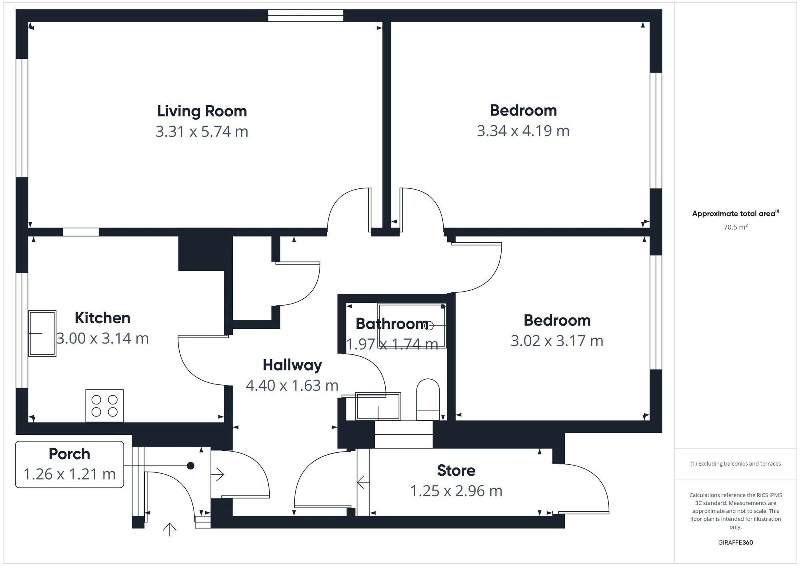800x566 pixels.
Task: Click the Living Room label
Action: click(202, 111)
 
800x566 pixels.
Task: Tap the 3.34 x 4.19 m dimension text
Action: click(523, 131)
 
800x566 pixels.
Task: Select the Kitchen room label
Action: click(102, 318)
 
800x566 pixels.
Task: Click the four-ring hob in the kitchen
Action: click(104, 406)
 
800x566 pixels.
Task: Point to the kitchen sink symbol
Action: click(42, 333)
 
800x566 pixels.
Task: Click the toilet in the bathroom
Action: click(428, 400)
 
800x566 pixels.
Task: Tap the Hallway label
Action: click(292, 365)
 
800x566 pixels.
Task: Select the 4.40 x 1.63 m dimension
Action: click(292, 386)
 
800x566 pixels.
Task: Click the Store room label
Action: click(456, 471)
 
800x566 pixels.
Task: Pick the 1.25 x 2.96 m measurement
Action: click(456, 491)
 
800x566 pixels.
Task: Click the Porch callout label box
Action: click(70, 464)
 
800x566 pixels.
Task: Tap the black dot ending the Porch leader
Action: click(191, 466)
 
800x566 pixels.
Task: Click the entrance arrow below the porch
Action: click(170, 529)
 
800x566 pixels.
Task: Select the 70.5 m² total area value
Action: click(735, 227)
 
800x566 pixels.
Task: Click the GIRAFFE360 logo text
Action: click(735, 543)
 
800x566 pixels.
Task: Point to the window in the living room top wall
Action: click(306, 16)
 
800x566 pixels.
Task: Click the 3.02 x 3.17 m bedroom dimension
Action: click(557, 341)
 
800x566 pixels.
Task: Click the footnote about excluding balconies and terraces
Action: click(735, 464)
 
